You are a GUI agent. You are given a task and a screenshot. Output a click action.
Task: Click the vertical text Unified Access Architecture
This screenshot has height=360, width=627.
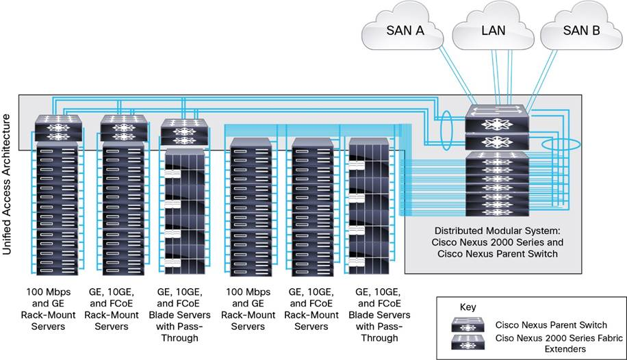(8, 185)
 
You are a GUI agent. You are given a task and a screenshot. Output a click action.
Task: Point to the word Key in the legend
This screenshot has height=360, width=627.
(468, 307)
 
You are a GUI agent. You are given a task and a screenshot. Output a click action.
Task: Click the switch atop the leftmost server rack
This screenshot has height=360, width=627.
(59, 128)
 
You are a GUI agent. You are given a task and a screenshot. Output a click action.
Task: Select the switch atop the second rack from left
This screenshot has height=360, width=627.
(123, 128)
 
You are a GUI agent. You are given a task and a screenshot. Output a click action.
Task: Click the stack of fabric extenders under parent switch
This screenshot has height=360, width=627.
(496, 181)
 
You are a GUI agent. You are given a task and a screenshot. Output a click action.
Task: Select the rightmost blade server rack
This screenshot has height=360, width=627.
(372, 205)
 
